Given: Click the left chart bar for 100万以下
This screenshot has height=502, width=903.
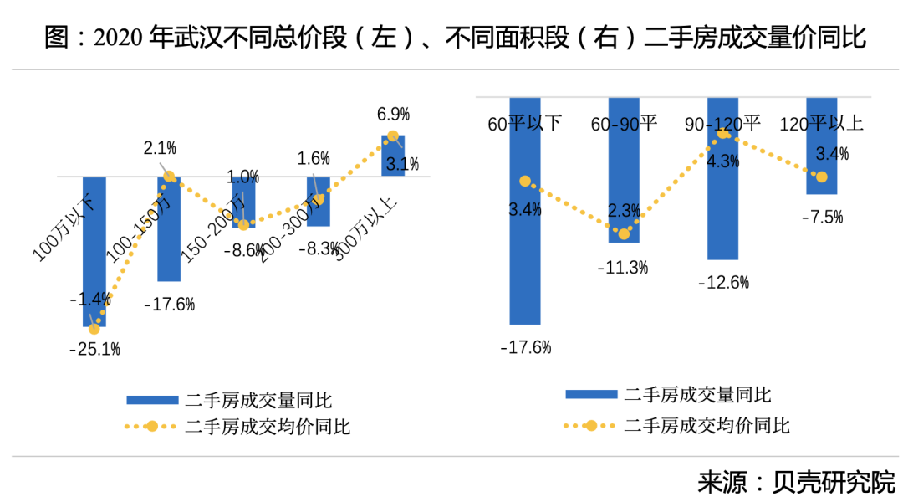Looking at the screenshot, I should pos(94,251).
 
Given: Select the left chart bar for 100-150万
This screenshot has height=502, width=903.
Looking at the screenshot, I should pos(169,230).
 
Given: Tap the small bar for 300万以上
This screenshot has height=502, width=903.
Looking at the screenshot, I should pos(393,156).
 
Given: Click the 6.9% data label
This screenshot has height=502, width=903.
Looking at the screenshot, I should pos(393,114).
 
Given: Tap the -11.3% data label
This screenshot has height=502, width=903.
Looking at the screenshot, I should pos(623,268).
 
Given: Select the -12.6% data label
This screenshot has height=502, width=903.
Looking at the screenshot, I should pos(723,283).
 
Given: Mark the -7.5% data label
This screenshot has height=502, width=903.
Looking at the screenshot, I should pos(821,218).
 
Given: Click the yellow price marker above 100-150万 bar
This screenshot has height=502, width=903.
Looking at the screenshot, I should pos(169,177).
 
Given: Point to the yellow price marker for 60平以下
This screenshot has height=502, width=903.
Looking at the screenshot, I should pos(525,182).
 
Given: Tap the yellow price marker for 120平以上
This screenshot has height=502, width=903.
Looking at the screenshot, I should pos(821,177).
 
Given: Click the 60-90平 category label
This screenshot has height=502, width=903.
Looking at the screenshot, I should pos(624,124).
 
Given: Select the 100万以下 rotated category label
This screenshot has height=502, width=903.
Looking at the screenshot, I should pos(64,229).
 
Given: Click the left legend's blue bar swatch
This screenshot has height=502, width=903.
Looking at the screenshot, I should pos(151,400).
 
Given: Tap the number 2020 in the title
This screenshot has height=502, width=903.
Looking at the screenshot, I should pos(120,38).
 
